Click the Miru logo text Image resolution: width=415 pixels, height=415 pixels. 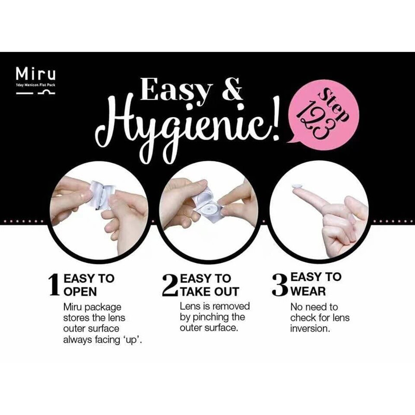[x=35, y=74]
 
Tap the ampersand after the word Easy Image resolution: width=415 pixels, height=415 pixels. [x=231, y=89]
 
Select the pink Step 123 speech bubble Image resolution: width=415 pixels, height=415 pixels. [x=324, y=115]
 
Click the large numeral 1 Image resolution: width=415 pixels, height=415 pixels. [x=54, y=285]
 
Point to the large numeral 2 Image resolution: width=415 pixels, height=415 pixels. [x=170, y=285]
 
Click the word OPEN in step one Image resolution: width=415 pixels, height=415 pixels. [x=80, y=292]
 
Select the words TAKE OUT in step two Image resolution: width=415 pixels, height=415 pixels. [x=210, y=292]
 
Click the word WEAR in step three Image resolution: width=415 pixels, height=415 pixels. [x=308, y=292]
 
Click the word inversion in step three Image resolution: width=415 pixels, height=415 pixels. [x=310, y=328]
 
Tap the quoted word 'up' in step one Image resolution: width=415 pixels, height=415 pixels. [x=133, y=340]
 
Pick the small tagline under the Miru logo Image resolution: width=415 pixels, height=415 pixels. [x=35, y=85]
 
